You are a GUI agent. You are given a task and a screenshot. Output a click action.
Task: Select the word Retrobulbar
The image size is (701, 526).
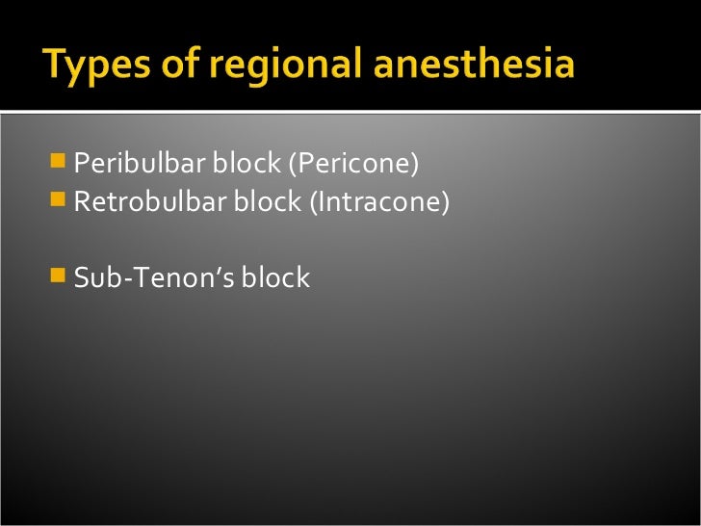click(149, 202)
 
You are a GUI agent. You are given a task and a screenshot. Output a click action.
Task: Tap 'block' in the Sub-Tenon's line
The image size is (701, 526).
click(275, 277)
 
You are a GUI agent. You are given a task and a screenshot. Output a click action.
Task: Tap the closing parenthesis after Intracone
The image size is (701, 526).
click(446, 203)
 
